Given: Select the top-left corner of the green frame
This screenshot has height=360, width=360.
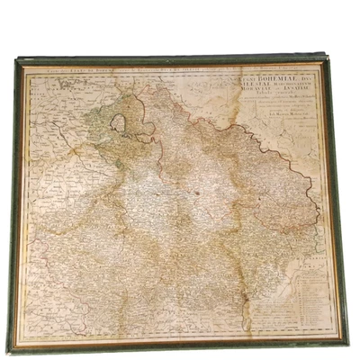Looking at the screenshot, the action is (15, 58).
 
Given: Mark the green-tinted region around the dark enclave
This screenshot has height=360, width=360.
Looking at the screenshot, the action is (90, 135).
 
